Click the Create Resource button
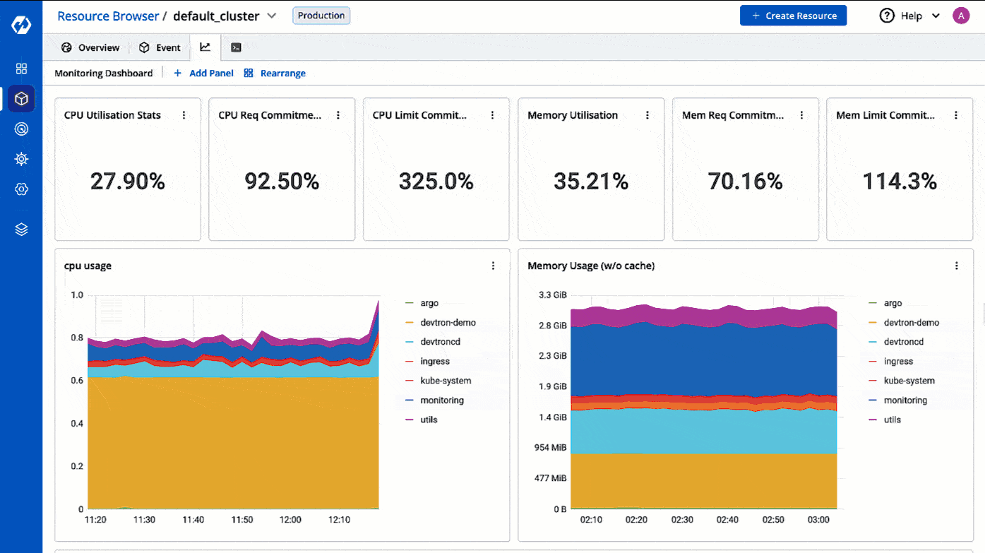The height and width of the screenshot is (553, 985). (x=793, y=16)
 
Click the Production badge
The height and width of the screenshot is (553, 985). (x=321, y=16)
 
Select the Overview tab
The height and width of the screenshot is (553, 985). (x=90, y=47)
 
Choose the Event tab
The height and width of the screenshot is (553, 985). (x=160, y=47)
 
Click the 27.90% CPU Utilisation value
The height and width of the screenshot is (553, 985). (x=128, y=182)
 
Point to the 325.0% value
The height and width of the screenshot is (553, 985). (x=436, y=182)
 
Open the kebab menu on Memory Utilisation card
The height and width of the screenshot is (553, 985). (x=647, y=115)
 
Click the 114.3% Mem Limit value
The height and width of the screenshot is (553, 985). (x=900, y=182)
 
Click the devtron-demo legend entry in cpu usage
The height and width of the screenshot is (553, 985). (x=447, y=322)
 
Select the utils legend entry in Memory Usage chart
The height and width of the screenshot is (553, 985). (x=892, y=420)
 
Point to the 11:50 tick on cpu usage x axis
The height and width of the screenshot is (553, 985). (x=242, y=520)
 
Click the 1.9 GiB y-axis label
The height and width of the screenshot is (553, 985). (x=553, y=386)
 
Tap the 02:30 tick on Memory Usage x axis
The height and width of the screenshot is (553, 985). (x=681, y=520)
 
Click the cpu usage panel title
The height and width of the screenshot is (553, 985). (x=88, y=266)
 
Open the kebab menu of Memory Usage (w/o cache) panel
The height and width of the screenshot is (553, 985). (x=957, y=266)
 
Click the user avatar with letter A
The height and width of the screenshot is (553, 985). (x=960, y=16)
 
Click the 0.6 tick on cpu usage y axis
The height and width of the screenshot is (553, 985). (x=76, y=381)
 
